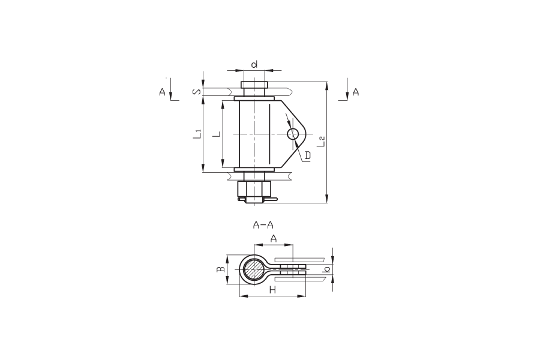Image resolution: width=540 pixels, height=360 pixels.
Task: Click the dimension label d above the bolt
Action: pos(254,64)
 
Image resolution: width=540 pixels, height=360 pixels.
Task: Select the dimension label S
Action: pos(196,92)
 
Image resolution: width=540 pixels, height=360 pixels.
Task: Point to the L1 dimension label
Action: pos(197,134)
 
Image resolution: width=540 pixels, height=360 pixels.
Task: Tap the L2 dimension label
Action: pos(322,142)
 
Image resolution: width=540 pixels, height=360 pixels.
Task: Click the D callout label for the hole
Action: pos(308,155)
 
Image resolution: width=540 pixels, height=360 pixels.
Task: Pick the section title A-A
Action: pos(263,226)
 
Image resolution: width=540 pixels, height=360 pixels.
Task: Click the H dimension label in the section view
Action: pos(273,290)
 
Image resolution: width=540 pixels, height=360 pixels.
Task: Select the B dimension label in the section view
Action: pos(221,269)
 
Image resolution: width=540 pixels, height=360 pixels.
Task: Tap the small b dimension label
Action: pos(328,269)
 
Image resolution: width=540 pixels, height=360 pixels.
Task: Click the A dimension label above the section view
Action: pos(274,238)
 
